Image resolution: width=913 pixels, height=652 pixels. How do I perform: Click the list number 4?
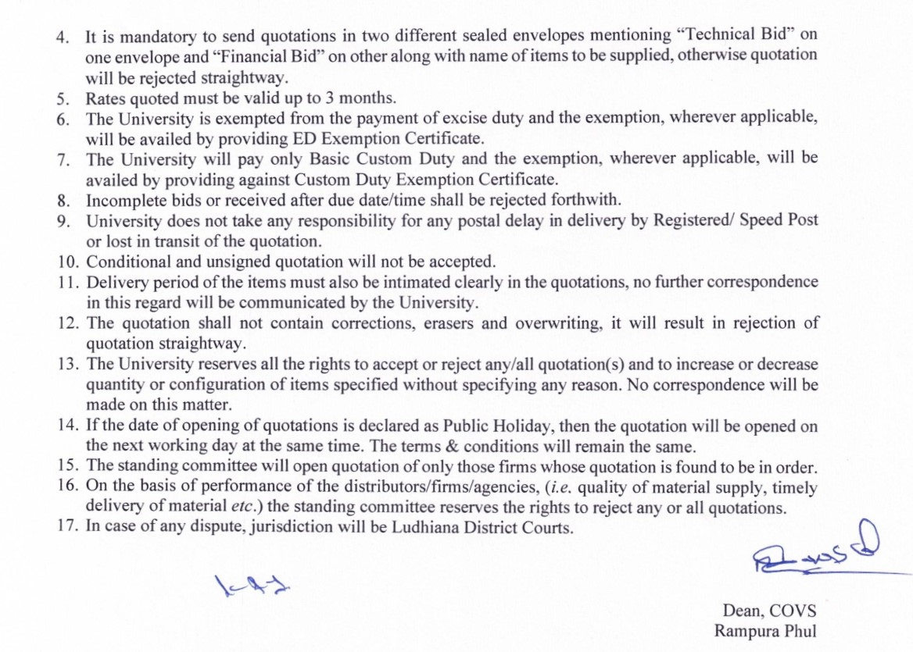pyautogui.click(x=62, y=37)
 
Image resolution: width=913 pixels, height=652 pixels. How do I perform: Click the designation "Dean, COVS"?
pyautogui.click(x=769, y=611)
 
